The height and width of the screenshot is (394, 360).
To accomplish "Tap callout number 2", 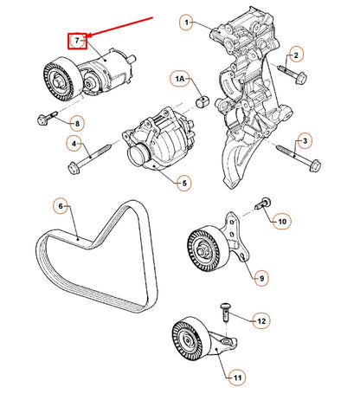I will coord(296,55).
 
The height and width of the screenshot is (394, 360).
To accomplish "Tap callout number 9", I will coord(281,222).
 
